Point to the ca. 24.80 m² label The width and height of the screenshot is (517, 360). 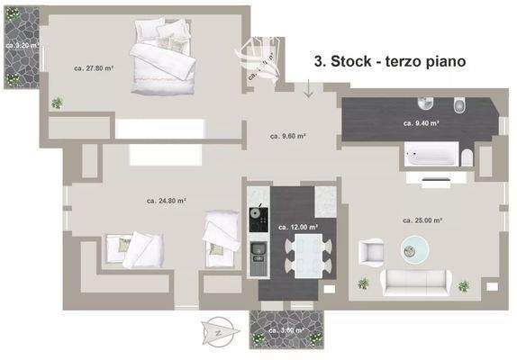[166, 202]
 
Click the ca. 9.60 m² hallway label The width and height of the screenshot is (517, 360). [288, 137]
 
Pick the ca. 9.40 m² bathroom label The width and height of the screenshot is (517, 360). [421, 122]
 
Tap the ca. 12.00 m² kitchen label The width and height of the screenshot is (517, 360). [297, 227]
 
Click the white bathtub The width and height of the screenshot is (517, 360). [430, 159]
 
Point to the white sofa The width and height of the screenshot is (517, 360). [415, 283]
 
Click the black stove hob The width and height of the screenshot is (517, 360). [258, 216]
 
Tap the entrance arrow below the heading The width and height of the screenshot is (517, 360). [308, 88]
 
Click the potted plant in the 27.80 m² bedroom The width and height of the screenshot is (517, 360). [58, 103]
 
